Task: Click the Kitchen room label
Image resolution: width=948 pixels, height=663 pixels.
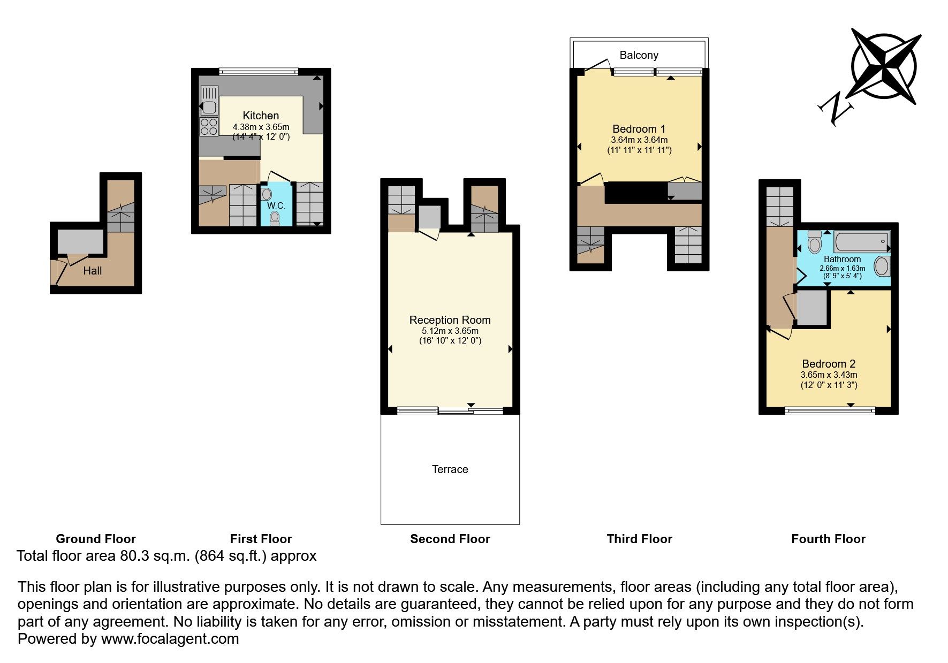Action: pos(261,116)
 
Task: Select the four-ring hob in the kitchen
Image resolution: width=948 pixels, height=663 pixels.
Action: pos(209,127)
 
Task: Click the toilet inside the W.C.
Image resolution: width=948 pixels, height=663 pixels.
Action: pos(275,218)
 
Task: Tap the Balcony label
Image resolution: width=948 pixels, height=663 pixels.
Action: pos(639,55)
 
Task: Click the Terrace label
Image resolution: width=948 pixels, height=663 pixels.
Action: pos(450,469)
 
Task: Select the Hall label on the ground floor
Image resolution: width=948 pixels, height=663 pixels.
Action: pos(92,271)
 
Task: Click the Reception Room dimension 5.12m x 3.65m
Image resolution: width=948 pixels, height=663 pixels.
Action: pos(450,331)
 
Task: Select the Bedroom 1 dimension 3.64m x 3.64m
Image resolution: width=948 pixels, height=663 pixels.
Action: pos(639,140)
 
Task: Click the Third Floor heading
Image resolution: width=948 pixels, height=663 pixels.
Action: pos(639,539)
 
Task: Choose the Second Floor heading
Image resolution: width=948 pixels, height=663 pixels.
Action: pos(450,539)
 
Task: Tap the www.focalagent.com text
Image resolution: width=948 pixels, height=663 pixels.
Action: pos(170,639)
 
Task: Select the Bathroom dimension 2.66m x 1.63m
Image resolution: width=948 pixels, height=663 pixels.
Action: pos(842,268)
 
